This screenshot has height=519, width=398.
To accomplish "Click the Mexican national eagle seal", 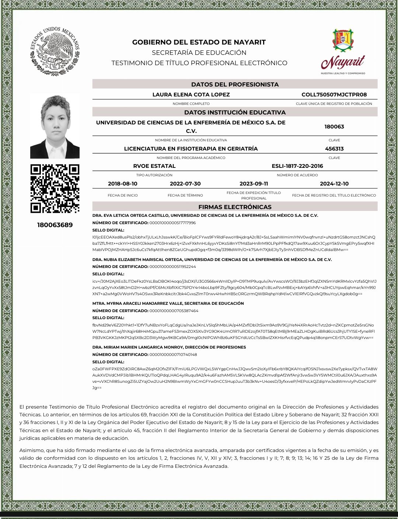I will [55, 51].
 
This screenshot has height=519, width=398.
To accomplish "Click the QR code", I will [55, 188].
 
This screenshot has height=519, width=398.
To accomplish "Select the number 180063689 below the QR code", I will [55, 225].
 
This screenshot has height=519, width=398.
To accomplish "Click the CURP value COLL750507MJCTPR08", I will [334, 95].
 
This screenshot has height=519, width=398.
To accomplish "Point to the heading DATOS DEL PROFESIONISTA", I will [235, 84].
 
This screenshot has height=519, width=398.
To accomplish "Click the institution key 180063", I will [334, 127].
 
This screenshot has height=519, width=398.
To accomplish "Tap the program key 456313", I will [334, 149].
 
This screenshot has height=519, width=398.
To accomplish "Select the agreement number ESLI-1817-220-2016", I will [297, 166].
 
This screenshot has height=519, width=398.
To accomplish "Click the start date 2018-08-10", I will [122, 184].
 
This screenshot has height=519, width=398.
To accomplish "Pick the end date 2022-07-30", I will [185, 184].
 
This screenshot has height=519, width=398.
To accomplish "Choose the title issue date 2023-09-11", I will [254, 184].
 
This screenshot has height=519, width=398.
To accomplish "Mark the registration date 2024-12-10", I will [334, 184].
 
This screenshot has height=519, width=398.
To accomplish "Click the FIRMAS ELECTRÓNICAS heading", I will [235, 207].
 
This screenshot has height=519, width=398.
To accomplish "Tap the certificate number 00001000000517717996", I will [172, 223].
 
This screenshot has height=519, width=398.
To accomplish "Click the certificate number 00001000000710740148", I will [173, 354].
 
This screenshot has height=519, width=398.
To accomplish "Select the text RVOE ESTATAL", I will [154, 166].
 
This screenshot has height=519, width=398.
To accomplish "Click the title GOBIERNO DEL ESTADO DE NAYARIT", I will [199, 42].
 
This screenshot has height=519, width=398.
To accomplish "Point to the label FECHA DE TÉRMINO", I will [185, 195].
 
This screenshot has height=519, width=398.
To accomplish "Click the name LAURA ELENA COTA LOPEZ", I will [191, 95].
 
